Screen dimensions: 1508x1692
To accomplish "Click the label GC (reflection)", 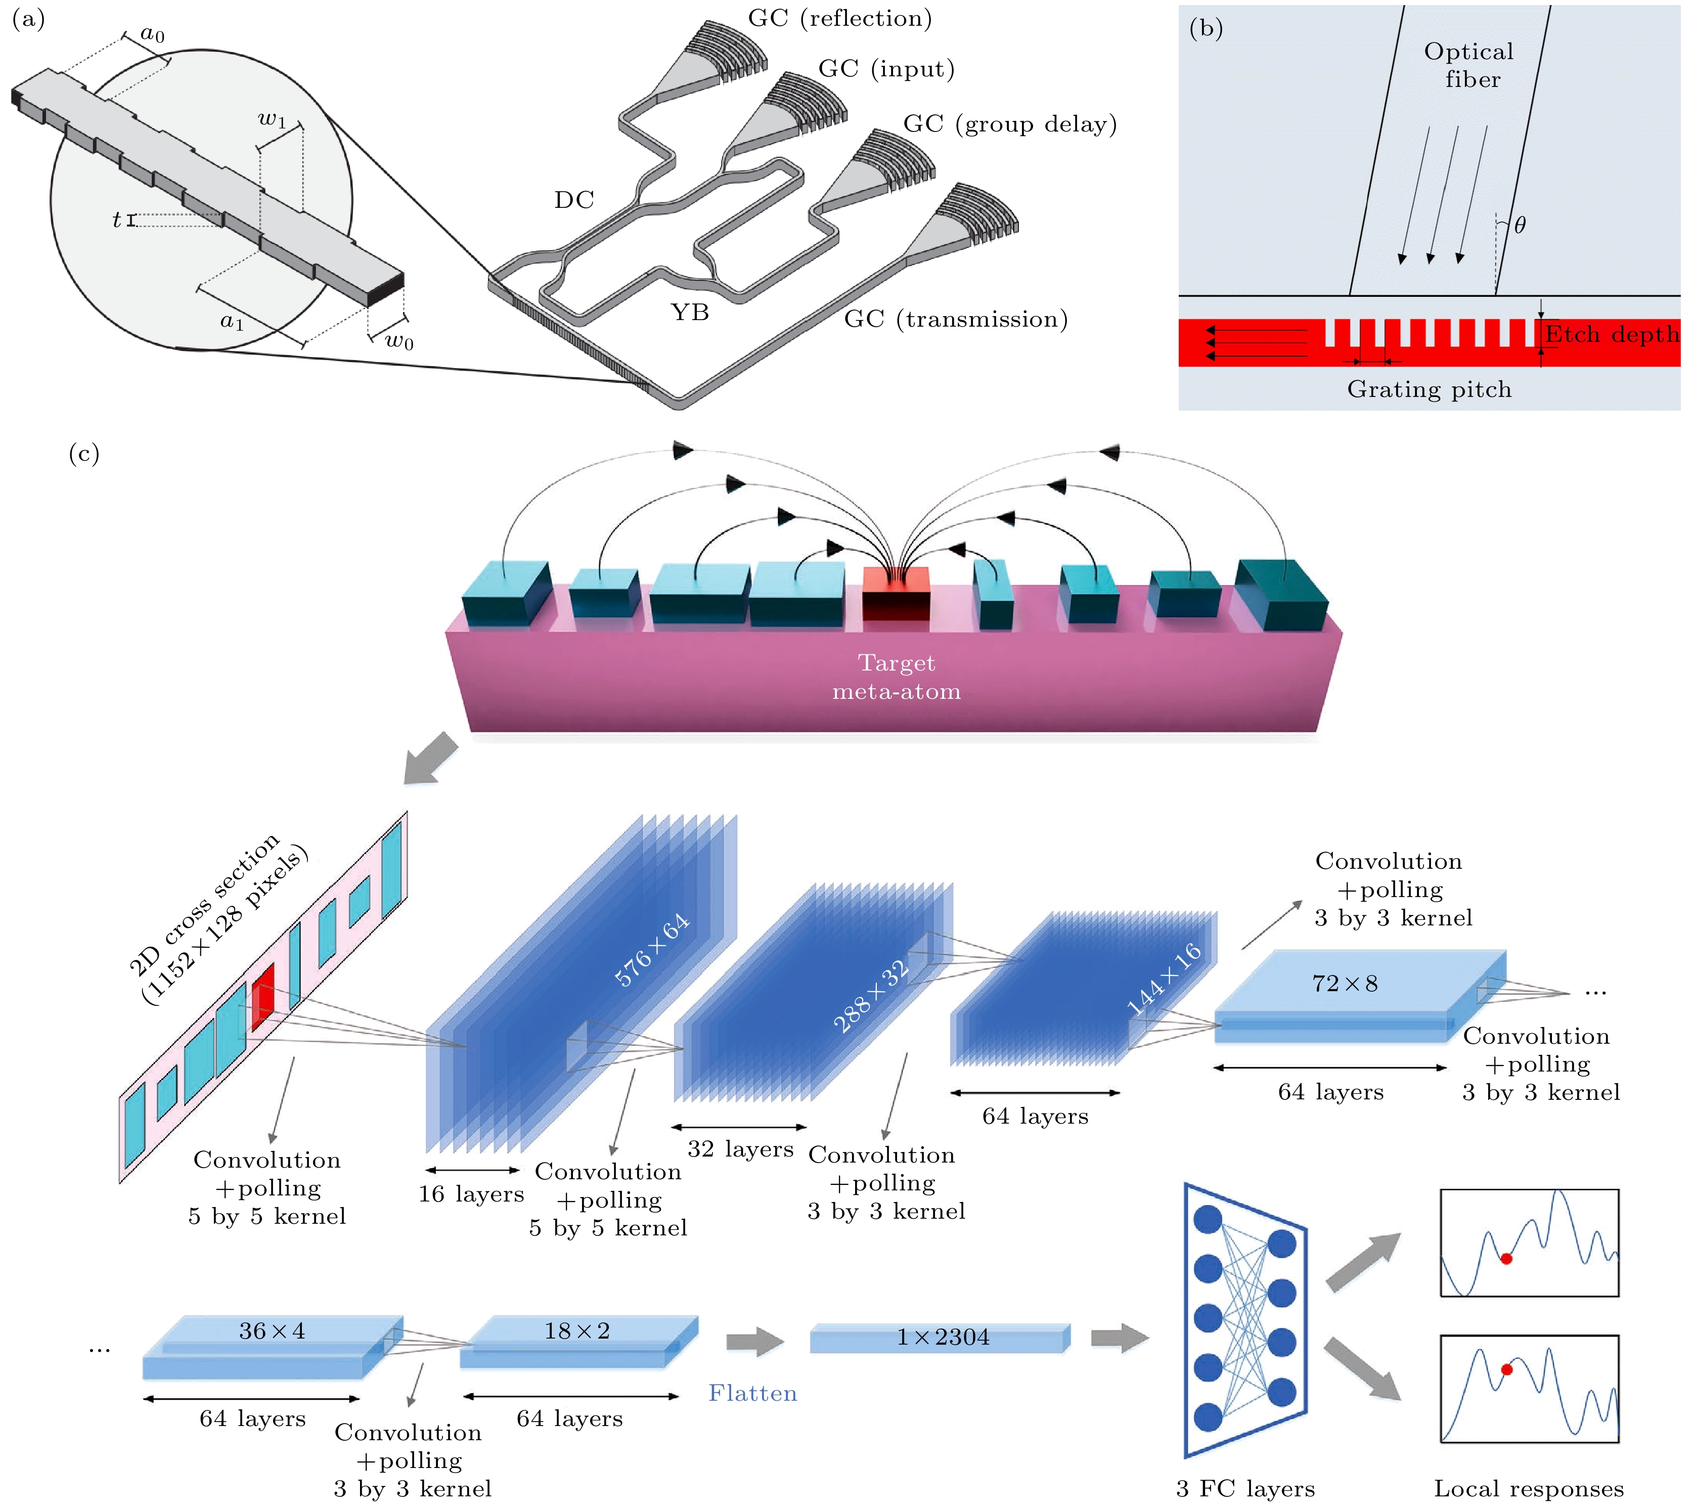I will [839, 18].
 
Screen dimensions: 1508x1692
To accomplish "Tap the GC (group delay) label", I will [1009, 124].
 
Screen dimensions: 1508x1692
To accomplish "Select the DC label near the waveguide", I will [574, 200].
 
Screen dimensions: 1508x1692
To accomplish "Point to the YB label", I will [689, 313].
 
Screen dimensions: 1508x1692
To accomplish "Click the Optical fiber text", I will [1468, 65].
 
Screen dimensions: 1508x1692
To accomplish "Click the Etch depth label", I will [1612, 335].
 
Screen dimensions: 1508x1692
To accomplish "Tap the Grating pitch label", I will [1430, 389].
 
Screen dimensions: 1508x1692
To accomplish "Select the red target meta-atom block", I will [896, 593].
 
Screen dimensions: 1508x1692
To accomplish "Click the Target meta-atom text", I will [897, 677].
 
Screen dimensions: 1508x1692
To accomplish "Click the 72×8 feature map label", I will [1345, 984].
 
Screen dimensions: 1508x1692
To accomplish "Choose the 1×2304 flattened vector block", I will [941, 1337].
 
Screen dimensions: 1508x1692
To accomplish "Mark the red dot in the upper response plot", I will [1506, 1259].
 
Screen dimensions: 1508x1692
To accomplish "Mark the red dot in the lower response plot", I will [1506, 1369].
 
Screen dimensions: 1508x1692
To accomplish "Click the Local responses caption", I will [1529, 1489].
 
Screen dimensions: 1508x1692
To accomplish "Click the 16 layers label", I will [471, 1194].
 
